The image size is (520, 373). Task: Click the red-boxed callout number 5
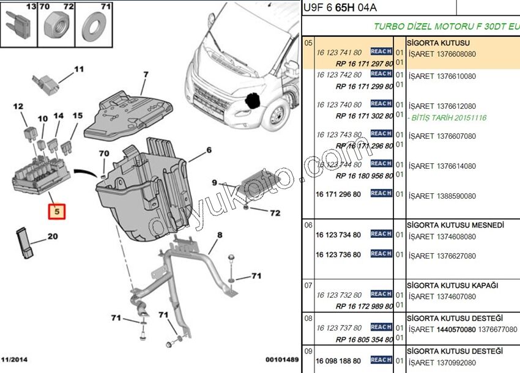(x=57, y=212)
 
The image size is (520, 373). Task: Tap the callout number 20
(x=53, y=237)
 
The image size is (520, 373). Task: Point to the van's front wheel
(x=278, y=117)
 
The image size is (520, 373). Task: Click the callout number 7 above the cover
(x=146, y=75)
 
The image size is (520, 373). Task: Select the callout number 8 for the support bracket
(x=219, y=235)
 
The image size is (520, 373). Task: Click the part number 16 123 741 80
(x=339, y=54)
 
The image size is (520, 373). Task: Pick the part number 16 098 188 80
(x=338, y=361)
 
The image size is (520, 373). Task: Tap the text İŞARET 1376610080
(x=442, y=76)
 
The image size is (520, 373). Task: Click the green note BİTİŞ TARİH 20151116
(x=449, y=117)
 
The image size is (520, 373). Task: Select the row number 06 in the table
(x=308, y=225)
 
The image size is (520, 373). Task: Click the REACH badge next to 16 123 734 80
(x=381, y=234)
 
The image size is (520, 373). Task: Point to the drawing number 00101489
(x=281, y=359)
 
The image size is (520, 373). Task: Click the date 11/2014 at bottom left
(x=14, y=359)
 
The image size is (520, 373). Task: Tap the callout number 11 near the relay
(x=79, y=69)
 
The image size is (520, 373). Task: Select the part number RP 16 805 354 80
(x=365, y=339)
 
